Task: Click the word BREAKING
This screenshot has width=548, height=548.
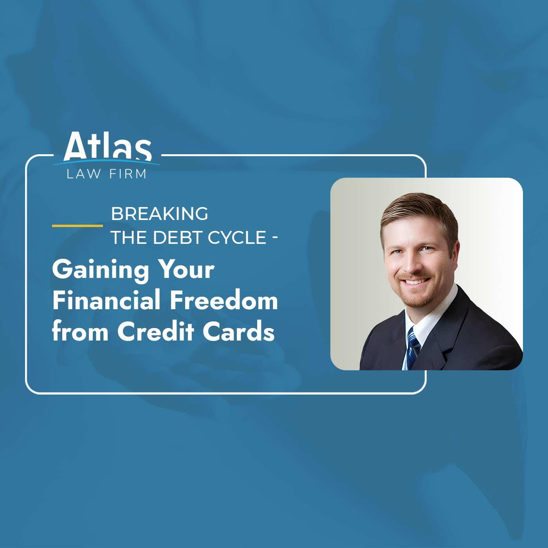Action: click(x=160, y=214)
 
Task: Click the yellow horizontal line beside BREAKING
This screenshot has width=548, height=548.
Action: click(x=78, y=226)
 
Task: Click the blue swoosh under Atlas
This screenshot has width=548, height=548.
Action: click(x=106, y=163)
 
